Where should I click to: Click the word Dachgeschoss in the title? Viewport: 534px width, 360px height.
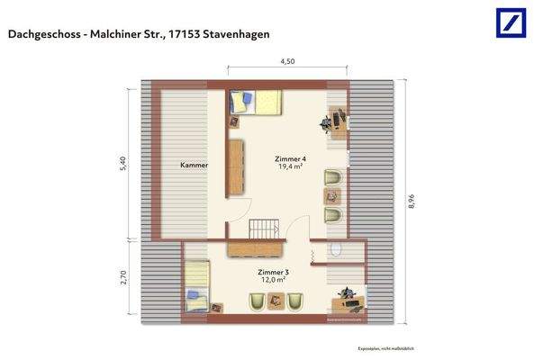pyautogui.click(x=42, y=34)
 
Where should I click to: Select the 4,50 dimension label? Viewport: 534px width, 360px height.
pyautogui.click(x=286, y=62)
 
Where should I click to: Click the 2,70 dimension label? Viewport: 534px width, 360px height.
pyautogui.click(x=123, y=280)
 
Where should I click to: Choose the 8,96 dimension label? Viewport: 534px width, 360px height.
pyautogui.click(x=412, y=202)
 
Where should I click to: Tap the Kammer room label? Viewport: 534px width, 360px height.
pyautogui.click(x=194, y=166)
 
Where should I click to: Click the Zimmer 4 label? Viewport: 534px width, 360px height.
pyautogui.click(x=289, y=158)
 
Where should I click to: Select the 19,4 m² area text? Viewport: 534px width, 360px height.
pyautogui.click(x=289, y=167)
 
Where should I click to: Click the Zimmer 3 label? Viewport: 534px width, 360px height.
pyautogui.click(x=273, y=272)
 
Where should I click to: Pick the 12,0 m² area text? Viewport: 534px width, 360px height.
pyautogui.click(x=273, y=281)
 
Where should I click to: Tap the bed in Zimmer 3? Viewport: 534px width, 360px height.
pyautogui.click(x=197, y=287)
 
